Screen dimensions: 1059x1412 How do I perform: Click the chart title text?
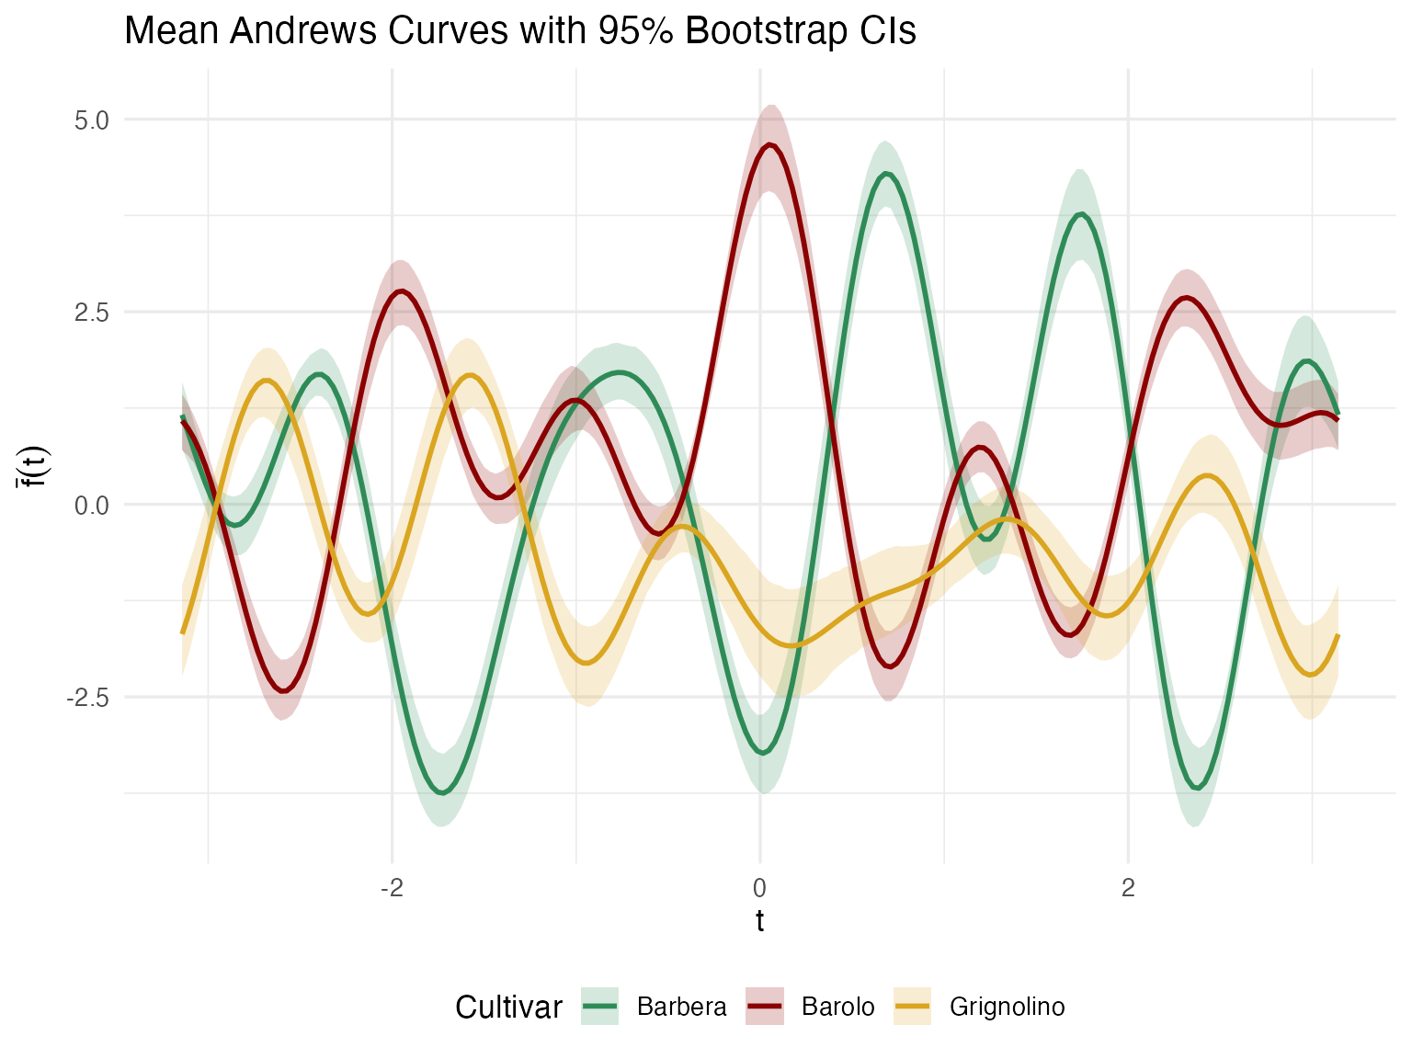[x=519, y=31]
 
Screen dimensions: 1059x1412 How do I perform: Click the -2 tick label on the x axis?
[x=392, y=888]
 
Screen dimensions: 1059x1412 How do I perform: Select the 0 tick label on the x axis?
[x=759, y=888]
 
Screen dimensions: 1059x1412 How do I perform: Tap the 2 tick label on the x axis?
[x=1128, y=888]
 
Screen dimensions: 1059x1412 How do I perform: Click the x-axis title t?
[x=759, y=920]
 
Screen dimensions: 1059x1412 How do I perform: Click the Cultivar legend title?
[x=508, y=1008]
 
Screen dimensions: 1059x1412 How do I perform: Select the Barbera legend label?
[x=681, y=1008]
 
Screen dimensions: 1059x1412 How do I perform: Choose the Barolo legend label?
[x=837, y=1008]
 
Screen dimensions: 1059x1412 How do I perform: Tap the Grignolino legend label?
[x=1007, y=1008]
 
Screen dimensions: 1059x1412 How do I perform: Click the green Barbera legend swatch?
[x=600, y=1008]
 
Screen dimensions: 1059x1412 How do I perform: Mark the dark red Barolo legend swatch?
[x=765, y=1008]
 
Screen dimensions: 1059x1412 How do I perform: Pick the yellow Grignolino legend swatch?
[x=912, y=1008]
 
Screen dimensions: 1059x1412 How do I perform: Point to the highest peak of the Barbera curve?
[x=885, y=174]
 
